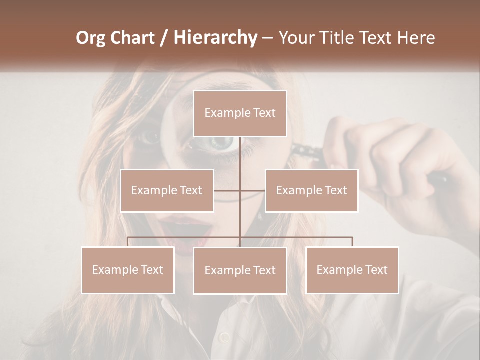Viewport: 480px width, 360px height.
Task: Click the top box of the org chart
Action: pyautogui.click(x=240, y=113)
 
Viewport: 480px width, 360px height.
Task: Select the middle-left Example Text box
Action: pyautogui.click(x=167, y=190)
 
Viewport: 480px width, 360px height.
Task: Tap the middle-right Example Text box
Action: pyautogui.click(x=311, y=190)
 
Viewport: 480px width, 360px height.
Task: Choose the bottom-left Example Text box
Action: pyautogui.click(x=128, y=270)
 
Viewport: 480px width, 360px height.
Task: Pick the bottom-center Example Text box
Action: pyautogui.click(x=240, y=270)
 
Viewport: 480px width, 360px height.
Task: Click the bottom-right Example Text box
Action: pyautogui.click(x=352, y=270)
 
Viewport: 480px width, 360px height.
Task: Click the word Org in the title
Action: pyautogui.click(x=91, y=38)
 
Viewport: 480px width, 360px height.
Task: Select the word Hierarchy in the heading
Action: pyautogui.click(x=215, y=38)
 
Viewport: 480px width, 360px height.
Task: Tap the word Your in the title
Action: pyautogui.click(x=296, y=38)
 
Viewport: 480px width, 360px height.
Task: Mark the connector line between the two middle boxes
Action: pyautogui.click(x=240, y=190)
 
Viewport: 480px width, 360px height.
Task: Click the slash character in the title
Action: pyautogui.click(x=164, y=38)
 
